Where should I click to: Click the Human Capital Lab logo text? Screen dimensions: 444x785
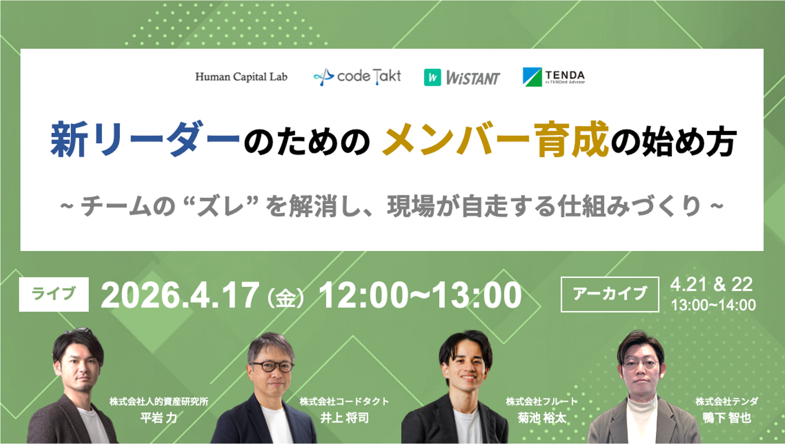click(x=241, y=77)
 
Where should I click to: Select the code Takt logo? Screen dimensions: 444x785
click(x=357, y=77)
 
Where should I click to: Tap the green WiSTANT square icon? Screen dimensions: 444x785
click(x=432, y=77)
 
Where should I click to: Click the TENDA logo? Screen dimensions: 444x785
click(x=553, y=77)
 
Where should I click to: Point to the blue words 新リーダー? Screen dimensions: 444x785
click(x=145, y=140)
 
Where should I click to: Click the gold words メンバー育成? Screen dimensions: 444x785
click(x=495, y=140)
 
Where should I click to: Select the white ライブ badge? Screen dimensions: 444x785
click(x=54, y=294)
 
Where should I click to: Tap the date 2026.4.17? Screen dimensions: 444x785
click(x=180, y=295)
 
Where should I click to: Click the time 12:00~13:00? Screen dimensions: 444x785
click(x=420, y=295)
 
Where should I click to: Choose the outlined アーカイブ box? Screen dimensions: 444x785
click(x=610, y=294)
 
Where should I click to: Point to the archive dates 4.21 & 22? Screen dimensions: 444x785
click(x=711, y=284)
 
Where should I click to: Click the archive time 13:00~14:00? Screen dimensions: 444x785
click(x=713, y=305)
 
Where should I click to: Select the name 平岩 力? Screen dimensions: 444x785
click(x=158, y=418)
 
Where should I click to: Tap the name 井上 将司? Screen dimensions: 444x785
click(x=344, y=418)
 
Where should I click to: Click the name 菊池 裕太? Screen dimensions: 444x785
click(x=542, y=418)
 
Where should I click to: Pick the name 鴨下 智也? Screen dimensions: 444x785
click(x=726, y=418)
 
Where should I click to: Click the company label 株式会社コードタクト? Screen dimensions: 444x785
click(x=344, y=402)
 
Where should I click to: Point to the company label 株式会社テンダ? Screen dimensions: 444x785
click(x=726, y=402)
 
